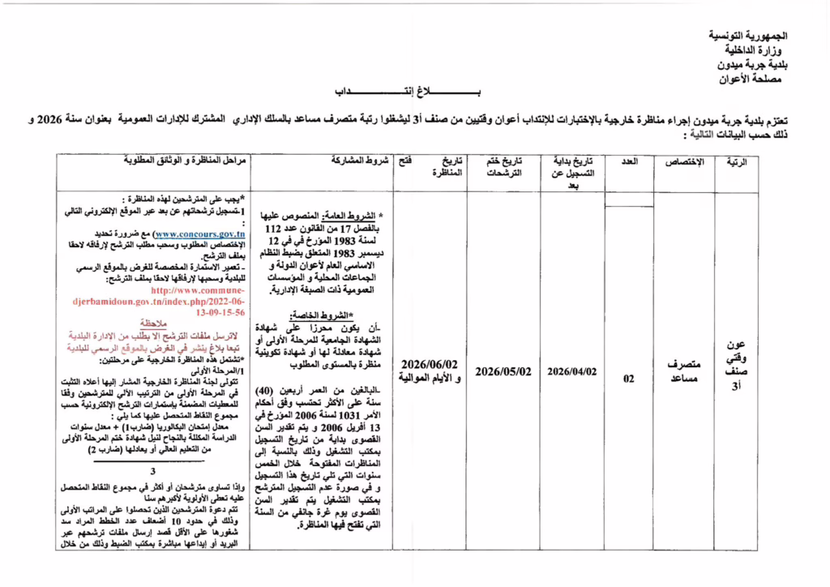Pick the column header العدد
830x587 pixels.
(630, 162)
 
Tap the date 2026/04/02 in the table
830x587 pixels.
(572, 371)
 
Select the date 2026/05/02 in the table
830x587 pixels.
(503, 371)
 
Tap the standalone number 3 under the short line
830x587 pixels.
(152, 472)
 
